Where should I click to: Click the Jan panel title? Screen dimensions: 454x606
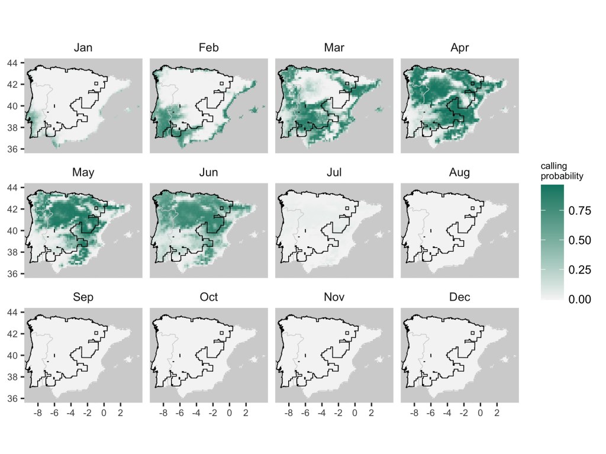pyautogui.click(x=83, y=48)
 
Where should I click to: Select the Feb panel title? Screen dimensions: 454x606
pyautogui.click(x=208, y=48)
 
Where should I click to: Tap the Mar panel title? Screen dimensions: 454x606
pyautogui.click(x=334, y=48)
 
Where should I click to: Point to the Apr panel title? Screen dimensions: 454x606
pyautogui.click(x=460, y=48)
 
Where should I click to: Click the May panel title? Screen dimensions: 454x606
pyautogui.click(x=83, y=173)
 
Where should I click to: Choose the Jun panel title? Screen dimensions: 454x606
pyautogui.click(x=208, y=173)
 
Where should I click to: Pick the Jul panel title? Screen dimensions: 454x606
pyautogui.click(x=334, y=173)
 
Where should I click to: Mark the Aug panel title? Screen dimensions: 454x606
pyautogui.click(x=460, y=173)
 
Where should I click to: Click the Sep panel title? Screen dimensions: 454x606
pyautogui.click(x=83, y=297)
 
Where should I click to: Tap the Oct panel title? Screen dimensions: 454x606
pyautogui.click(x=208, y=297)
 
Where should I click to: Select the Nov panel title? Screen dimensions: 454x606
pyautogui.click(x=334, y=297)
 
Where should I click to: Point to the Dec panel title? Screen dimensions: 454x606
pyautogui.click(x=460, y=297)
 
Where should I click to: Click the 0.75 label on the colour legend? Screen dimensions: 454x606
pyautogui.click(x=580, y=211)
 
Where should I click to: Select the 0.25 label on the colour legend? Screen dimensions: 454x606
pyautogui.click(x=580, y=270)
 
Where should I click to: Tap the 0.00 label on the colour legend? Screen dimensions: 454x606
pyautogui.click(x=580, y=300)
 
